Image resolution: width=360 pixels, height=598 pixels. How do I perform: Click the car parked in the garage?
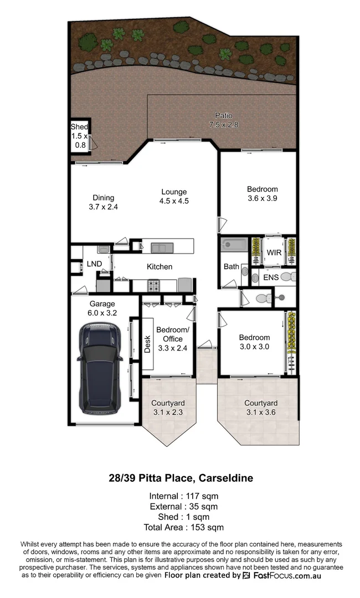click(x=100, y=368)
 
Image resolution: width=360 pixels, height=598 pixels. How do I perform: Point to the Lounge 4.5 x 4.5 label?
click(x=173, y=197)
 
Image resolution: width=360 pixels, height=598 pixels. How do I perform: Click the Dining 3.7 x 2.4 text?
click(x=104, y=202)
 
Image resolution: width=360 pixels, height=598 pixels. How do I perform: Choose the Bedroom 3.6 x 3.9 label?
click(x=263, y=193)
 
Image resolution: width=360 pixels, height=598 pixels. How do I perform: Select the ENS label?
click(x=270, y=277)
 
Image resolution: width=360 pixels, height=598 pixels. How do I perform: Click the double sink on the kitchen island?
click(x=162, y=246)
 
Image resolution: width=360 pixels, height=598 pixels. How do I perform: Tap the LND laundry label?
click(x=94, y=264)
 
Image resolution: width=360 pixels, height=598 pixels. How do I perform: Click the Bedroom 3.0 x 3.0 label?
click(x=254, y=342)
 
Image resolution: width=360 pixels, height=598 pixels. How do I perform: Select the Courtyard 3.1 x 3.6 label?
click(x=261, y=408)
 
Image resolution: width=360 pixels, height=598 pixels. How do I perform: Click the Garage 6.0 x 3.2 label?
click(x=102, y=308)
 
